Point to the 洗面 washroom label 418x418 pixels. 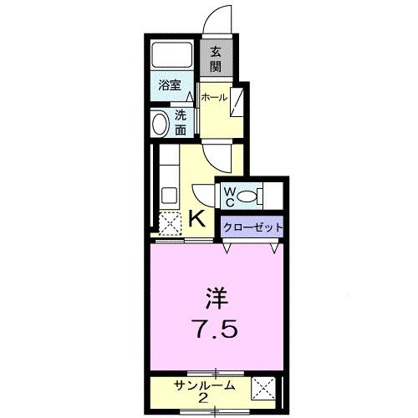point(181,123)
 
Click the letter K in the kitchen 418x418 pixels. point(198,219)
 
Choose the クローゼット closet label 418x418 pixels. point(252,227)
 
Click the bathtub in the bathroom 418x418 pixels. point(171,55)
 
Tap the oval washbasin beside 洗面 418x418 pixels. point(161,124)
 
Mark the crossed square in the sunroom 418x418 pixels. point(265,388)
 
